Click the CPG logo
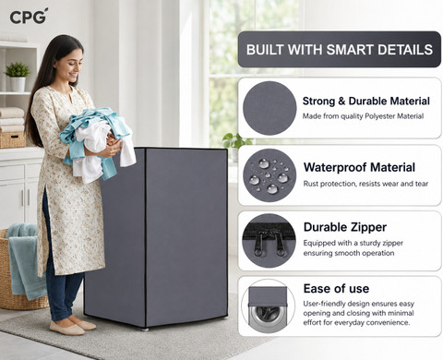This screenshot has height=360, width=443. (29, 17)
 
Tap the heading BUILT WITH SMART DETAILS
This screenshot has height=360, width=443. (340, 50)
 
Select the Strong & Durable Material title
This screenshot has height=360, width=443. (366, 101)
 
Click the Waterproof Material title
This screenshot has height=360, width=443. (359, 167)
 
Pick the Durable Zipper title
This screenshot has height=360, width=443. (345, 227)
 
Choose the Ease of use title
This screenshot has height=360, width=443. (336, 289)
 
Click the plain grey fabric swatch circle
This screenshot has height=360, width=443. (269, 108)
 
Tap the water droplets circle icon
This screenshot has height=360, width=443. (269, 175)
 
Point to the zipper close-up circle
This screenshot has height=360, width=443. (269, 241)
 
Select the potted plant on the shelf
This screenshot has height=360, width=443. (18, 76)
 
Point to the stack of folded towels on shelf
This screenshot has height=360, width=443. (12, 120)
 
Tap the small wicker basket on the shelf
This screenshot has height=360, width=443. (13, 140)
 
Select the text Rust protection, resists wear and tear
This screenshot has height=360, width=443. (365, 184)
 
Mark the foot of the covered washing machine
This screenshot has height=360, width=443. (145, 329)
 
